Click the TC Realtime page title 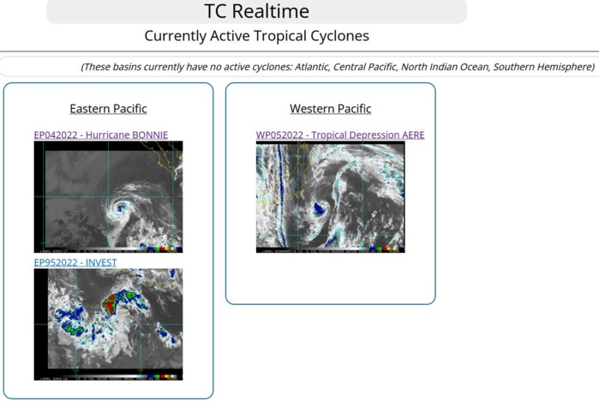[x=256, y=12]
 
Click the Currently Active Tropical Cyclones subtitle [x=256, y=36]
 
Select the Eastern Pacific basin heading [x=108, y=109]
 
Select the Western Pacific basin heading [x=330, y=109]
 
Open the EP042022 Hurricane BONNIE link [x=100, y=135]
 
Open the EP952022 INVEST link [x=75, y=262]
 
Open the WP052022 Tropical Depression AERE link [x=339, y=135]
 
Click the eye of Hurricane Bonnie [x=117, y=207]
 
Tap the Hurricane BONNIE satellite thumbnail [x=108, y=196]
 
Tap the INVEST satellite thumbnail [x=108, y=324]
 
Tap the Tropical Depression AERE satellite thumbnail [x=330, y=197]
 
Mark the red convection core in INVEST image [x=111, y=301]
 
